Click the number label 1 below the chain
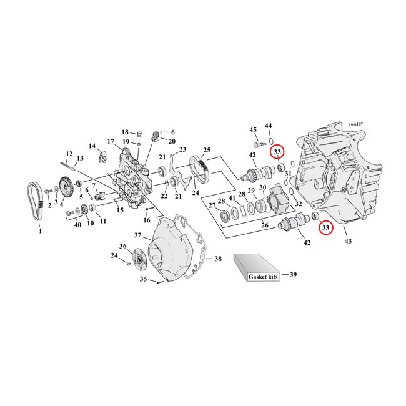(x=41, y=231)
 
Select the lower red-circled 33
(x=325, y=229)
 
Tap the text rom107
(x=357, y=124)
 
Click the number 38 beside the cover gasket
(x=217, y=258)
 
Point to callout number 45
(x=253, y=129)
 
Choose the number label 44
(x=269, y=126)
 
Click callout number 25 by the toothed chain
(x=207, y=150)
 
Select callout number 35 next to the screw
(x=143, y=279)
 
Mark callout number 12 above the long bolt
(x=69, y=154)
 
